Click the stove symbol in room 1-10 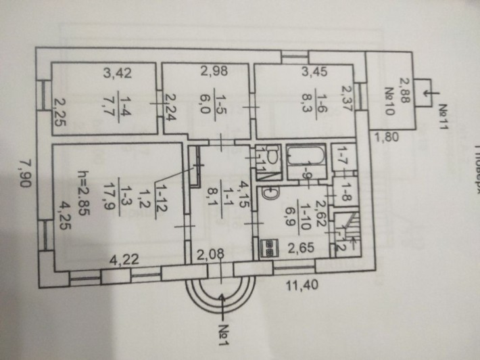pos(270,247)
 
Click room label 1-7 pos(343,160)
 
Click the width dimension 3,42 pos(113,70)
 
